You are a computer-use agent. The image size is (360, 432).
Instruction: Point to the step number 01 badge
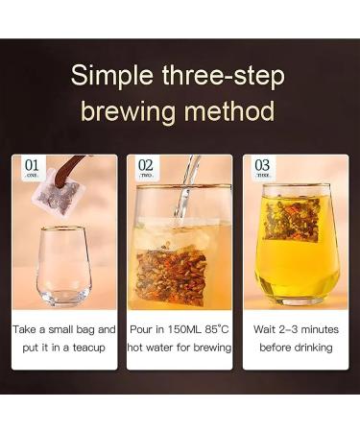[34, 168]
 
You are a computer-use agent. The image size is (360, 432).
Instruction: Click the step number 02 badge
[146, 168]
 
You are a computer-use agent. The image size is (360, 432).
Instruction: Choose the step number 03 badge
[262, 168]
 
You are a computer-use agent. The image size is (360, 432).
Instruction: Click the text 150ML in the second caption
[181, 328]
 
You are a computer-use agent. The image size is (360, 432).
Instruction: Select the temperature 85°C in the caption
[218, 328]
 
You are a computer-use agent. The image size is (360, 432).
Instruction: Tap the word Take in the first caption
[27, 328]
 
